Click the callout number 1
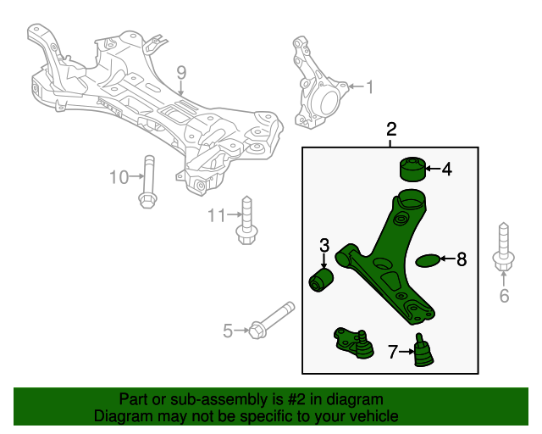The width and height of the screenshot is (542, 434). click(x=368, y=86)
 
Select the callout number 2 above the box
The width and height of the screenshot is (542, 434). click(x=391, y=130)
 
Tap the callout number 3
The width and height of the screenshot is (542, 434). click(x=324, y=246)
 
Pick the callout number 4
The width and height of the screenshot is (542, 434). click(x=446, y=170)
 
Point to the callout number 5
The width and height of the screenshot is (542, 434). click(x=227, y=331)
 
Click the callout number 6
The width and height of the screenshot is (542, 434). click(x=504, y=296)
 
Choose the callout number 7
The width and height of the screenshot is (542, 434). click(x=392, y=351)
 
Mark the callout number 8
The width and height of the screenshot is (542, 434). click(x=462, y=260)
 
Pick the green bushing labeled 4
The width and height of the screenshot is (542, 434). click(x=412, y=170)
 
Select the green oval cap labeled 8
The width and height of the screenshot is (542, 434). click(x=429, y=260)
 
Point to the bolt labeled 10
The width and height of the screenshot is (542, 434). click(x=147, y=181)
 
